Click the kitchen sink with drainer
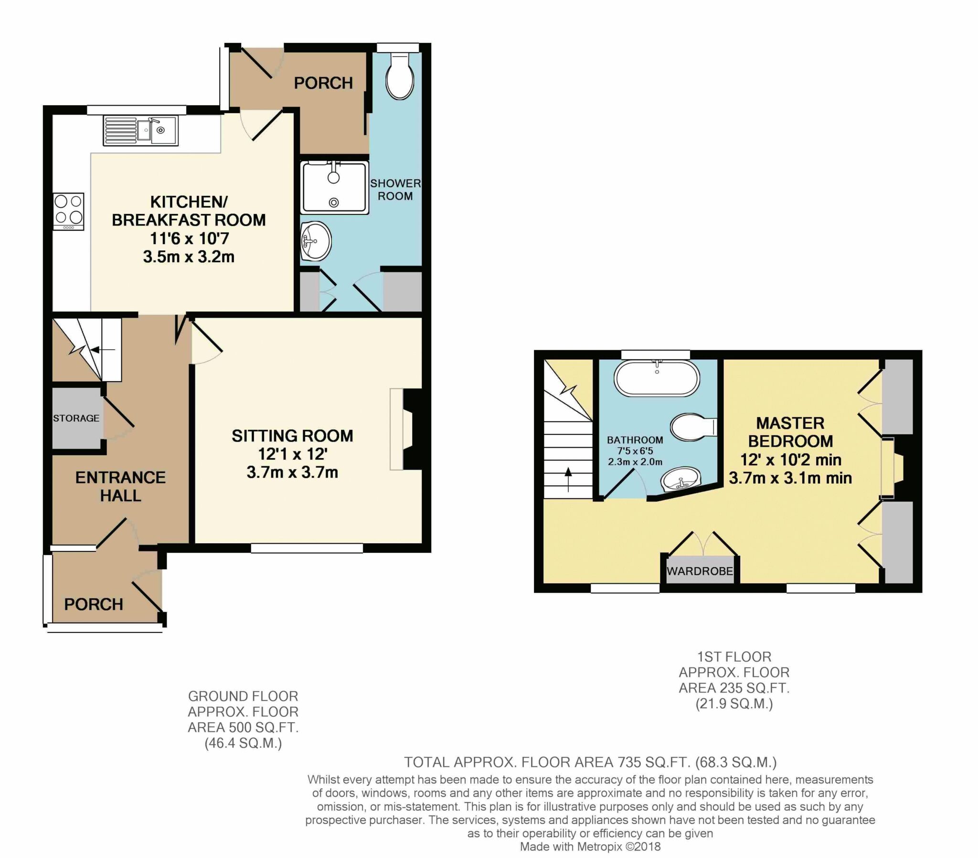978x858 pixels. coord(140,130)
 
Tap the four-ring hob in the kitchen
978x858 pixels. coord(68,211)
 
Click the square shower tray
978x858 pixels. coord(334,187)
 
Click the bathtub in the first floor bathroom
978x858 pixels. coord(657,379)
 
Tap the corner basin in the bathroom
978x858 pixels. coord(681,479)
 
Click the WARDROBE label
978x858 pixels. coord(700,571)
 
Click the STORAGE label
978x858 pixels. coord(76,418)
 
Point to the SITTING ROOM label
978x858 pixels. coord(292,436)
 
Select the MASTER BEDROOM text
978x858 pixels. coord(790,432)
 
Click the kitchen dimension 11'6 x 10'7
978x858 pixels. coord(189,238)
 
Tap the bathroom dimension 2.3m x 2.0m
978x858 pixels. coord(635,462)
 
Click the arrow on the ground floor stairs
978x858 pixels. coord(102,350)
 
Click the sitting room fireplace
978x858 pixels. coord(407,429)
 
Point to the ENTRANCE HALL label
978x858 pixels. coord(120,486)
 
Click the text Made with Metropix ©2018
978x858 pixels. coord(590,847)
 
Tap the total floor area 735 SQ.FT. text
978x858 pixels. coord(590,762)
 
